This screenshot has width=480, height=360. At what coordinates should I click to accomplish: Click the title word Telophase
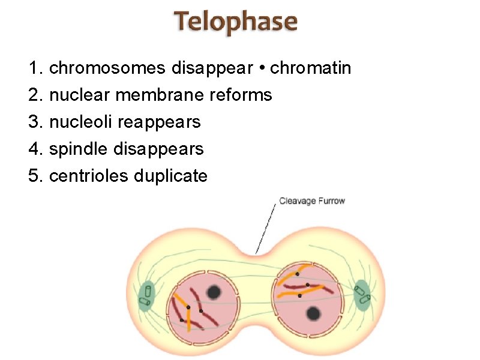[236, 23]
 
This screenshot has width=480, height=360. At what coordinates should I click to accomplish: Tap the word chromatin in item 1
[311, 68]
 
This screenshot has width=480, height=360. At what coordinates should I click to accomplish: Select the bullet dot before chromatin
[262, 68]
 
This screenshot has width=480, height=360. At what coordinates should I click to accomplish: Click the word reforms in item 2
[242, 95]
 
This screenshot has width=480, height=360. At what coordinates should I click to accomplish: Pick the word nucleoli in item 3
[81, 122]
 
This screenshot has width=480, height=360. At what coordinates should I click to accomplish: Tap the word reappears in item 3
[159, 122]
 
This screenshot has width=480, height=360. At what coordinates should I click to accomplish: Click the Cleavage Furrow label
[312, 201]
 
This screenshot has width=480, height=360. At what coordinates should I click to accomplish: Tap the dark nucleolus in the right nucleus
[313, 313]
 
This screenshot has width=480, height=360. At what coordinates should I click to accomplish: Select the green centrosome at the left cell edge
[146, 296]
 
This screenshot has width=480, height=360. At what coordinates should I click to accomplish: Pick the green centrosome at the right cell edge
[362, 295]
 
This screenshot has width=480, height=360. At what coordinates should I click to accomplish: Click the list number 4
[34, 149]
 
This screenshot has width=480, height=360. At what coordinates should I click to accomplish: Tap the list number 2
[34, 95]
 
